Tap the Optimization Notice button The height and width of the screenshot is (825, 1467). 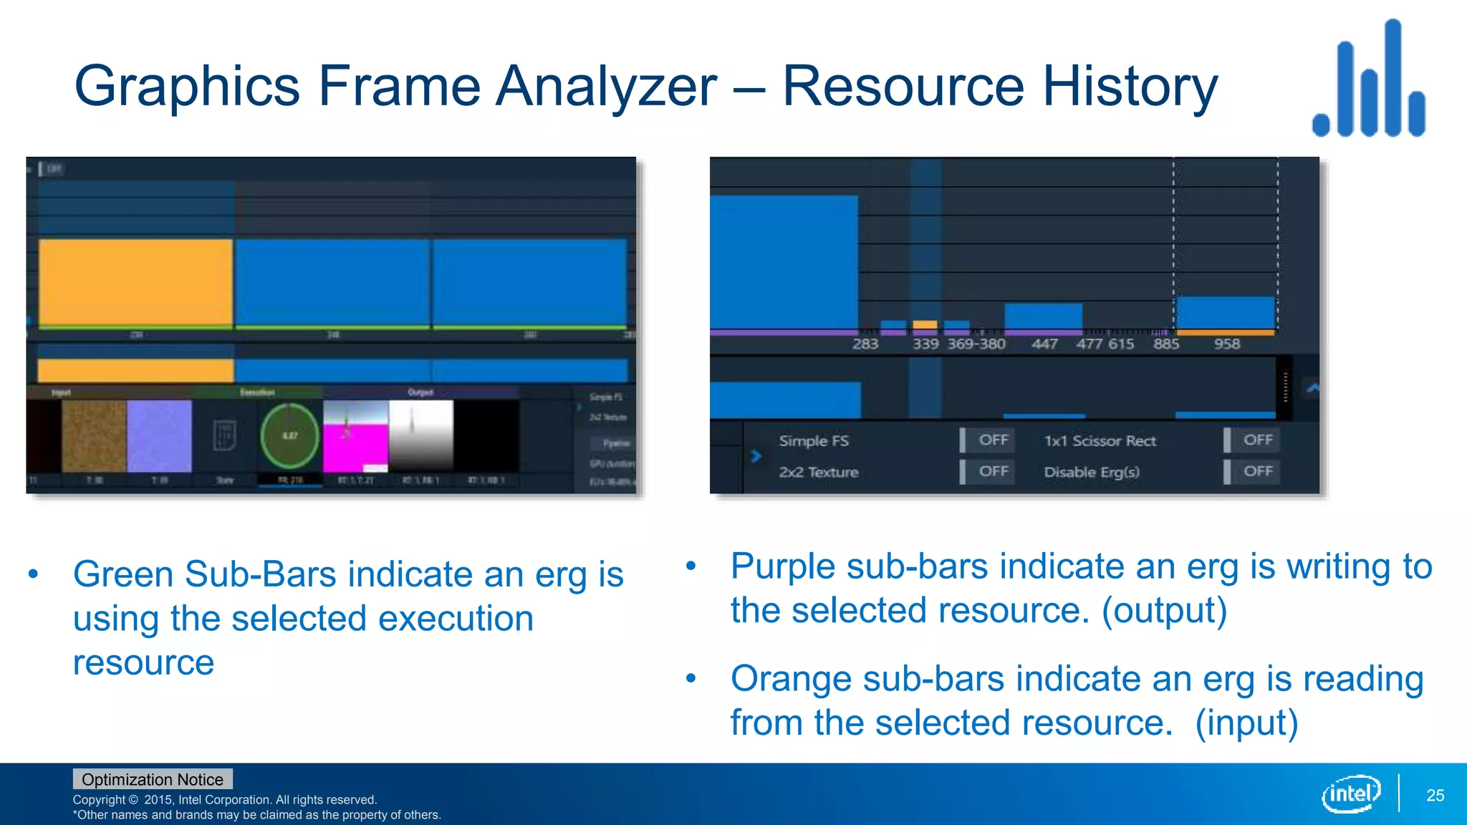(x=152, y=779)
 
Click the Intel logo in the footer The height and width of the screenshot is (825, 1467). (x=1351, y=793)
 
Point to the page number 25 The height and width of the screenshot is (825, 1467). (x=1435, y=795)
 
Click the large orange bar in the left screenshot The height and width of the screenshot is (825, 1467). (x=135, y=282)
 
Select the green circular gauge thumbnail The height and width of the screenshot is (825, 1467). (x=289, y=435)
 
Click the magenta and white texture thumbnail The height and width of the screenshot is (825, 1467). (x=355, y=435)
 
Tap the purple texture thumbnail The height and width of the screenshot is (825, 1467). (x=159, y=435)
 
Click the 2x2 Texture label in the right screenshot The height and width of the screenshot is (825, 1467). (x=818, y=472)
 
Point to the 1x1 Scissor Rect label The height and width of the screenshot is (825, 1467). (x=1100, y=440)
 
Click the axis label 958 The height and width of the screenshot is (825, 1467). (x=1226, y=344)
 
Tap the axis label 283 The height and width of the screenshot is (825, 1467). (x=865, y=344)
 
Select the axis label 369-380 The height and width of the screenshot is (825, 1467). (x=976, y=344)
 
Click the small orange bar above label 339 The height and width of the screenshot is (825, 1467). (x=925, y=324)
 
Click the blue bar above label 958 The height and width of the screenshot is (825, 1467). (x=1226, y=312)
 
